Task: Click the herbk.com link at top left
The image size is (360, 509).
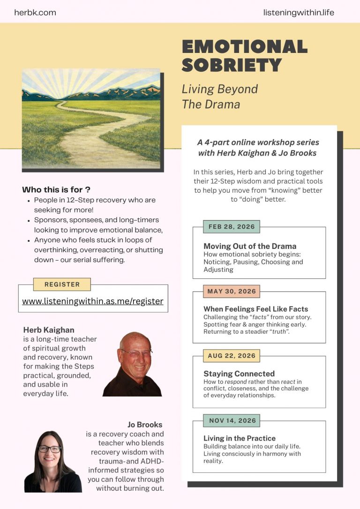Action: pyautogui.click(x=35, y=13)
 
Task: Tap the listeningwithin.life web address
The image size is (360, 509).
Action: pyautogui.click(x=299, y=13)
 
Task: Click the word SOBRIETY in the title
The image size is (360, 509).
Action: pyautogui.click(x=232, y=65)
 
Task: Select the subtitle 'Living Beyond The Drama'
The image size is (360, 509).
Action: pyautogui.click(x=220, y=96)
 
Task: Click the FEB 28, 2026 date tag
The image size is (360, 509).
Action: pyautogui.click(x=232, y=227)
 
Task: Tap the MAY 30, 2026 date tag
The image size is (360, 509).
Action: pyautogui.click(x=232, y=292)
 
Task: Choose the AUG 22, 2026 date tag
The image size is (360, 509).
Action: pyautogui.click(x=232, y=356)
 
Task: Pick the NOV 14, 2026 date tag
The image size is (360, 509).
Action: pyautogui.click(x=232, y=420)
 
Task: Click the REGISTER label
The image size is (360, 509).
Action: pyautogui.click(x=62, y=284)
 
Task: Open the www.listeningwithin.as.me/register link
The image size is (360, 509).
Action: pyautogui.click(x=93, y=301)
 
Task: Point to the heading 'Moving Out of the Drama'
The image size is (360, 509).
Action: pyautogui.click(x=250, y=246)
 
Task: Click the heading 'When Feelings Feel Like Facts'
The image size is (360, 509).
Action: pyautogui.click(x=255, y=309)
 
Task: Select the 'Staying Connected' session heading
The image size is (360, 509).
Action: pyautogui.click(x=239, y=374)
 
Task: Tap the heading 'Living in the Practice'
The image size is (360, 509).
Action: pyautogui.click(x=240, y=438)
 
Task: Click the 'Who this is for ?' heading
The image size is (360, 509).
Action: pyautogui.click(x=56, y=190)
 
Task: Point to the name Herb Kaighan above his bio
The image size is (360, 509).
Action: pyautogui.click(x=49, y=330)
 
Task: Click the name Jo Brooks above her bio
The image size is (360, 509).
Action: pyautogui.click(x=145, y=425)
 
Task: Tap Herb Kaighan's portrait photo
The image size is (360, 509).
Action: pyautogui.click(x=133, y=364)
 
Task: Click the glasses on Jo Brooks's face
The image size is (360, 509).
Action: pyautogui.click(x=49, y=449)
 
